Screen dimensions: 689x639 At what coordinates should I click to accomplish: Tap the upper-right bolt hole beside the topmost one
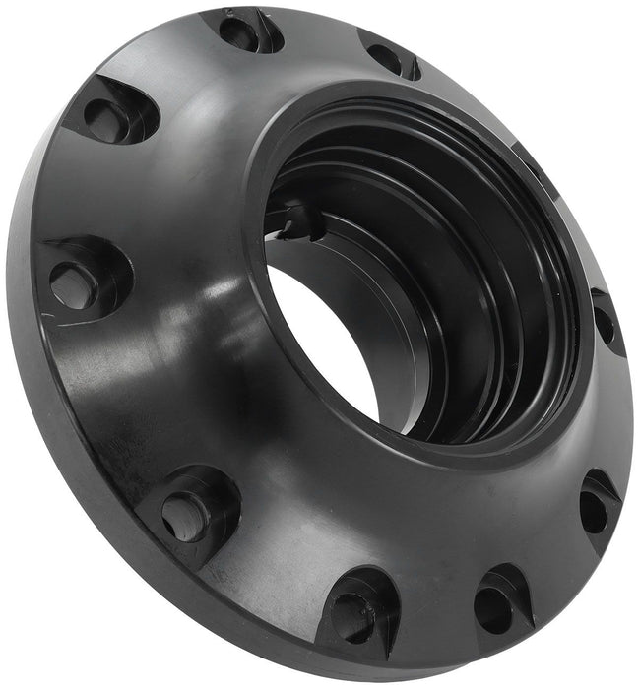pos(390,58)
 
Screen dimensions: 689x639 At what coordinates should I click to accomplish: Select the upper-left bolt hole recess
pos(110,116)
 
